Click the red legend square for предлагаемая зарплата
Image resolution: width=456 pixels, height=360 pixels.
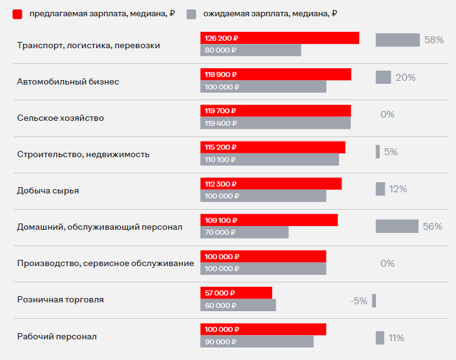click(x=18, y=14)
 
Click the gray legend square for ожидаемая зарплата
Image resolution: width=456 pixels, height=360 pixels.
click(x=193, y=14)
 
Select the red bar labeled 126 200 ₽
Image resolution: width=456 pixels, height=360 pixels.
click(x=280, y=38)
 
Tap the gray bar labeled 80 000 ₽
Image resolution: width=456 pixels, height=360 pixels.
click(x=250, y=50)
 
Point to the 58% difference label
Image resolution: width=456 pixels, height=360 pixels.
click(x=433, y=40)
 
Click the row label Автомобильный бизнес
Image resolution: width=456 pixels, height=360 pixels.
click(x=68, y=81)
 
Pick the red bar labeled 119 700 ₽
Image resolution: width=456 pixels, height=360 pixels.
click(x=275, y=111)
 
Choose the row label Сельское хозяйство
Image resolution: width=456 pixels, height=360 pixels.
click(x=61, y=118)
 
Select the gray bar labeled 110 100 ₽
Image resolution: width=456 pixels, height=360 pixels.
click(x=270, y=160)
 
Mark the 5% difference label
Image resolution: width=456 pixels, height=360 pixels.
click(x=391, y=152)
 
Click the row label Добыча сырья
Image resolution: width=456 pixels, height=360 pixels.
click(x=48, y=190)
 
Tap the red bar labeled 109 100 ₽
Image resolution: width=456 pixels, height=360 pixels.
click(x=269, y=220)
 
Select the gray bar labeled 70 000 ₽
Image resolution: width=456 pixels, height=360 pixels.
click(x=245, y=232)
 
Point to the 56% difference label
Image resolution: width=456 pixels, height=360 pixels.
click(x=432, y=226)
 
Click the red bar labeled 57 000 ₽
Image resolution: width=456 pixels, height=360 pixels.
click(x=236, y=293)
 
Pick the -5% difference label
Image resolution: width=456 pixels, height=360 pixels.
click(x=359, y=301)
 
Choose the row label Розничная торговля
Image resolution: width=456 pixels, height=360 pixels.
click(x=61, y=299)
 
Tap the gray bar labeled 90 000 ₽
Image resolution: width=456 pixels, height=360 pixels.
click(x=256, y=342)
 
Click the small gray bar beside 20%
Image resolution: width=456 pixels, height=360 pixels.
click(x=383, y=77)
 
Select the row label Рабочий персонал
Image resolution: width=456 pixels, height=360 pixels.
click(x=57, y=336)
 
